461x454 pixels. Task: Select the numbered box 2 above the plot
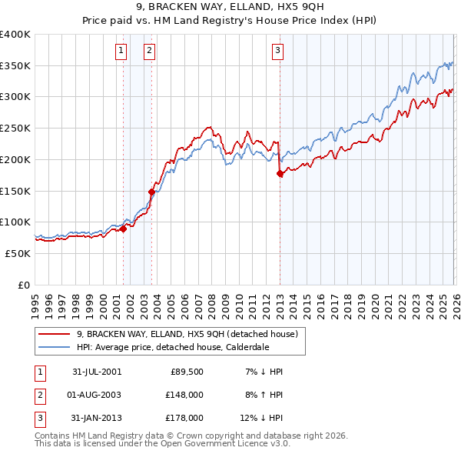[x=148, y=52]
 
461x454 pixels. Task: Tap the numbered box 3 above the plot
[x=277, y=52]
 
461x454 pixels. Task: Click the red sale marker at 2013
[x=280, y=174]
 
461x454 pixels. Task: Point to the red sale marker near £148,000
[x=152, y=192]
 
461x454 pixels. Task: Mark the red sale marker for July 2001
[x=124, y=229]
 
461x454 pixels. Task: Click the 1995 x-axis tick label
[x=35, y=300]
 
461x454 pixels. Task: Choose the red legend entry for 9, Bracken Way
[x=191, y=334]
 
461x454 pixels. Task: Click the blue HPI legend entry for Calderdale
[x=184, y=347]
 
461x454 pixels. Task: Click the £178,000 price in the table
[x=184, y=418]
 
